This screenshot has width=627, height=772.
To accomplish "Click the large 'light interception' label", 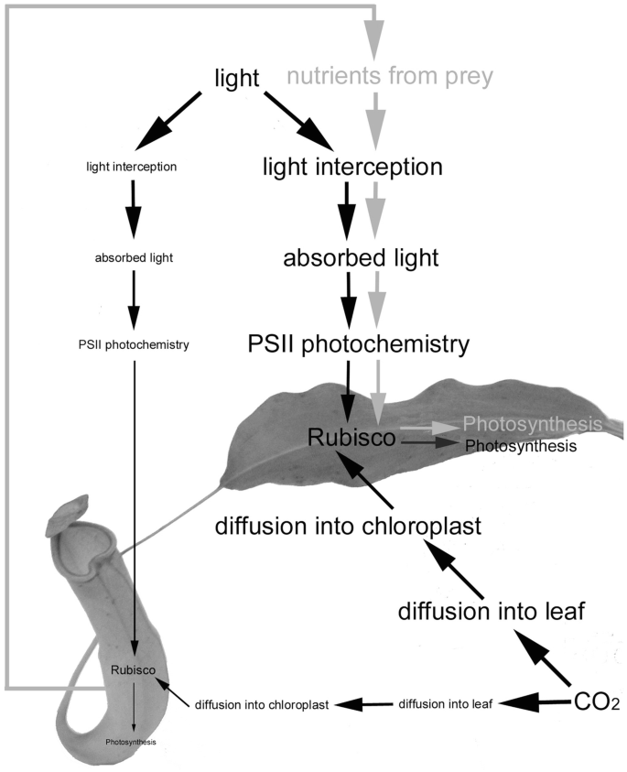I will point(352,167).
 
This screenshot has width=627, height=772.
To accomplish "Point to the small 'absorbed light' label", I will point(133,257).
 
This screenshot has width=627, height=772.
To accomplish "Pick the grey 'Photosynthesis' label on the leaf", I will point(533,424).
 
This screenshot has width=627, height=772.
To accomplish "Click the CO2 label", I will point(597,702).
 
